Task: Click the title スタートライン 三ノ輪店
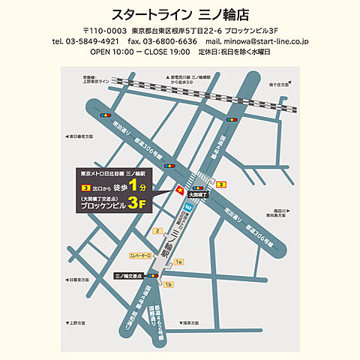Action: click(x=180, y=14)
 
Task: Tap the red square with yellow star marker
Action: click(x=178, y=192)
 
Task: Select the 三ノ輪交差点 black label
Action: click(x=130, y=276)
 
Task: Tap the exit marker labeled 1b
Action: click(x=169, y=285)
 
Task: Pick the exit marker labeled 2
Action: click(x=157, y=231)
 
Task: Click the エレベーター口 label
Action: click(x=140, y=256)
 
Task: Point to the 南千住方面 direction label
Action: click(x=280, y=85)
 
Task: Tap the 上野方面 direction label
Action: click(x=78, y=323)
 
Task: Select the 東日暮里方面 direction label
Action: click(x=82, y=136)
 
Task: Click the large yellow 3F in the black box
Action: click(x=136, y=203)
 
